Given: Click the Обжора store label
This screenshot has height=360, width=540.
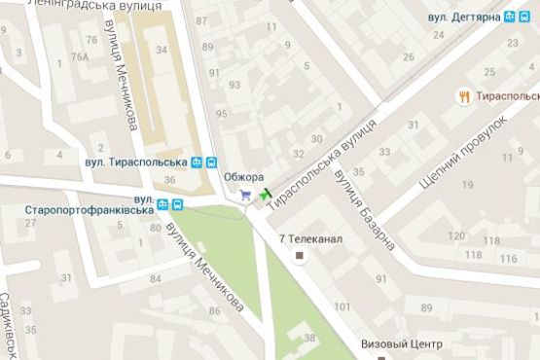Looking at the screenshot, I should (x=242, y=177).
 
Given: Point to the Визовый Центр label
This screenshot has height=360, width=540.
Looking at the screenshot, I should (x=401, y=344).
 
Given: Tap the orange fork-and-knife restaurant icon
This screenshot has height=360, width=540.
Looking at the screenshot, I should (x=464, y=96).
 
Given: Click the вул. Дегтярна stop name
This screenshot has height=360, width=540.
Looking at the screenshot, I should (x=464, y=17).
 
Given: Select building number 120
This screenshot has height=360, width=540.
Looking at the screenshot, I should (x=456, y=236).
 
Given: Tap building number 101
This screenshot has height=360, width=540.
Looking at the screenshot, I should (x=343, y=306).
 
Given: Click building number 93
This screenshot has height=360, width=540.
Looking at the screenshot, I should (x=234, y=85).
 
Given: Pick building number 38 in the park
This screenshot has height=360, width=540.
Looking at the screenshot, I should (x=308, y=338).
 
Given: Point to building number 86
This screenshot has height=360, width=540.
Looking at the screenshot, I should (x=213, y=310).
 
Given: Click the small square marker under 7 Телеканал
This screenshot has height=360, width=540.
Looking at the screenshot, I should (x=300, y=257).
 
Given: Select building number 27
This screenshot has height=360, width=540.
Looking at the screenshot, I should (x=30, y=223).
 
